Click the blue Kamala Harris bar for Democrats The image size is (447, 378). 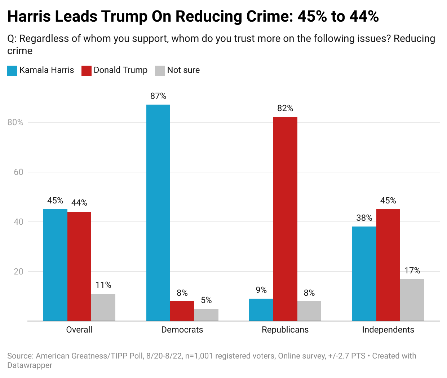click(x=158, y=213)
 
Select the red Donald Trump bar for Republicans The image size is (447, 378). click(x=285, y=219)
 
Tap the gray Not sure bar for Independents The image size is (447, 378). click(x=412, y=300)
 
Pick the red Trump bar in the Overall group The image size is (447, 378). click(x=79, y=266)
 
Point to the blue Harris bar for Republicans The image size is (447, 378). click(x=261, y=310)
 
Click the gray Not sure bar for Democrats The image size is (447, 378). click(x=206, y=315)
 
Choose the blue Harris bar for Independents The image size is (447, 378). click(x=364, y=274)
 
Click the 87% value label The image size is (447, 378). click(x=158, y=96)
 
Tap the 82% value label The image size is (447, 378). click(x=285, y=108)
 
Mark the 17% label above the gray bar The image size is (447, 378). click(x=412, y=271)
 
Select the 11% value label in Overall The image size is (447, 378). click(x=103, y=285)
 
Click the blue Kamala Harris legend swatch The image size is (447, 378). click(x=12, y=70)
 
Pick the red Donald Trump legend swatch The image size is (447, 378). click(x=87, y=70)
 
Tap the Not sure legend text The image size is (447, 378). click(x=183, y=70)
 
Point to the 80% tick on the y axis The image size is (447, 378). click(x=16, y=122)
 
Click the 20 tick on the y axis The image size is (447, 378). click(x=18, y=272)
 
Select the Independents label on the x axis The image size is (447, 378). click(x=388, y=330)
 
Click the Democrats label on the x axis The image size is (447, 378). click(x=182, y=330)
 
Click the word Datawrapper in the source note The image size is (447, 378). click(x=30, y=365)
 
